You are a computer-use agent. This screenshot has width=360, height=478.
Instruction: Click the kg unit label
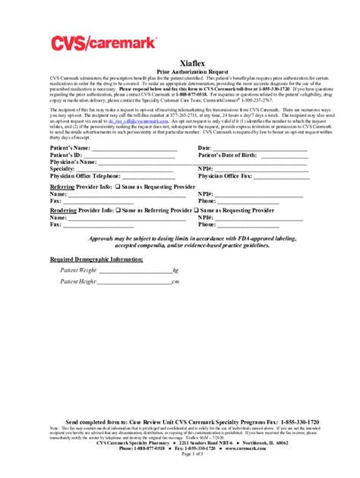pos(175,270)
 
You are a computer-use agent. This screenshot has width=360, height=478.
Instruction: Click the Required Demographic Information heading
pos(96,259)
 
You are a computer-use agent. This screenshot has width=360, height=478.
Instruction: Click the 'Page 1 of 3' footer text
pos(180,454)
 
